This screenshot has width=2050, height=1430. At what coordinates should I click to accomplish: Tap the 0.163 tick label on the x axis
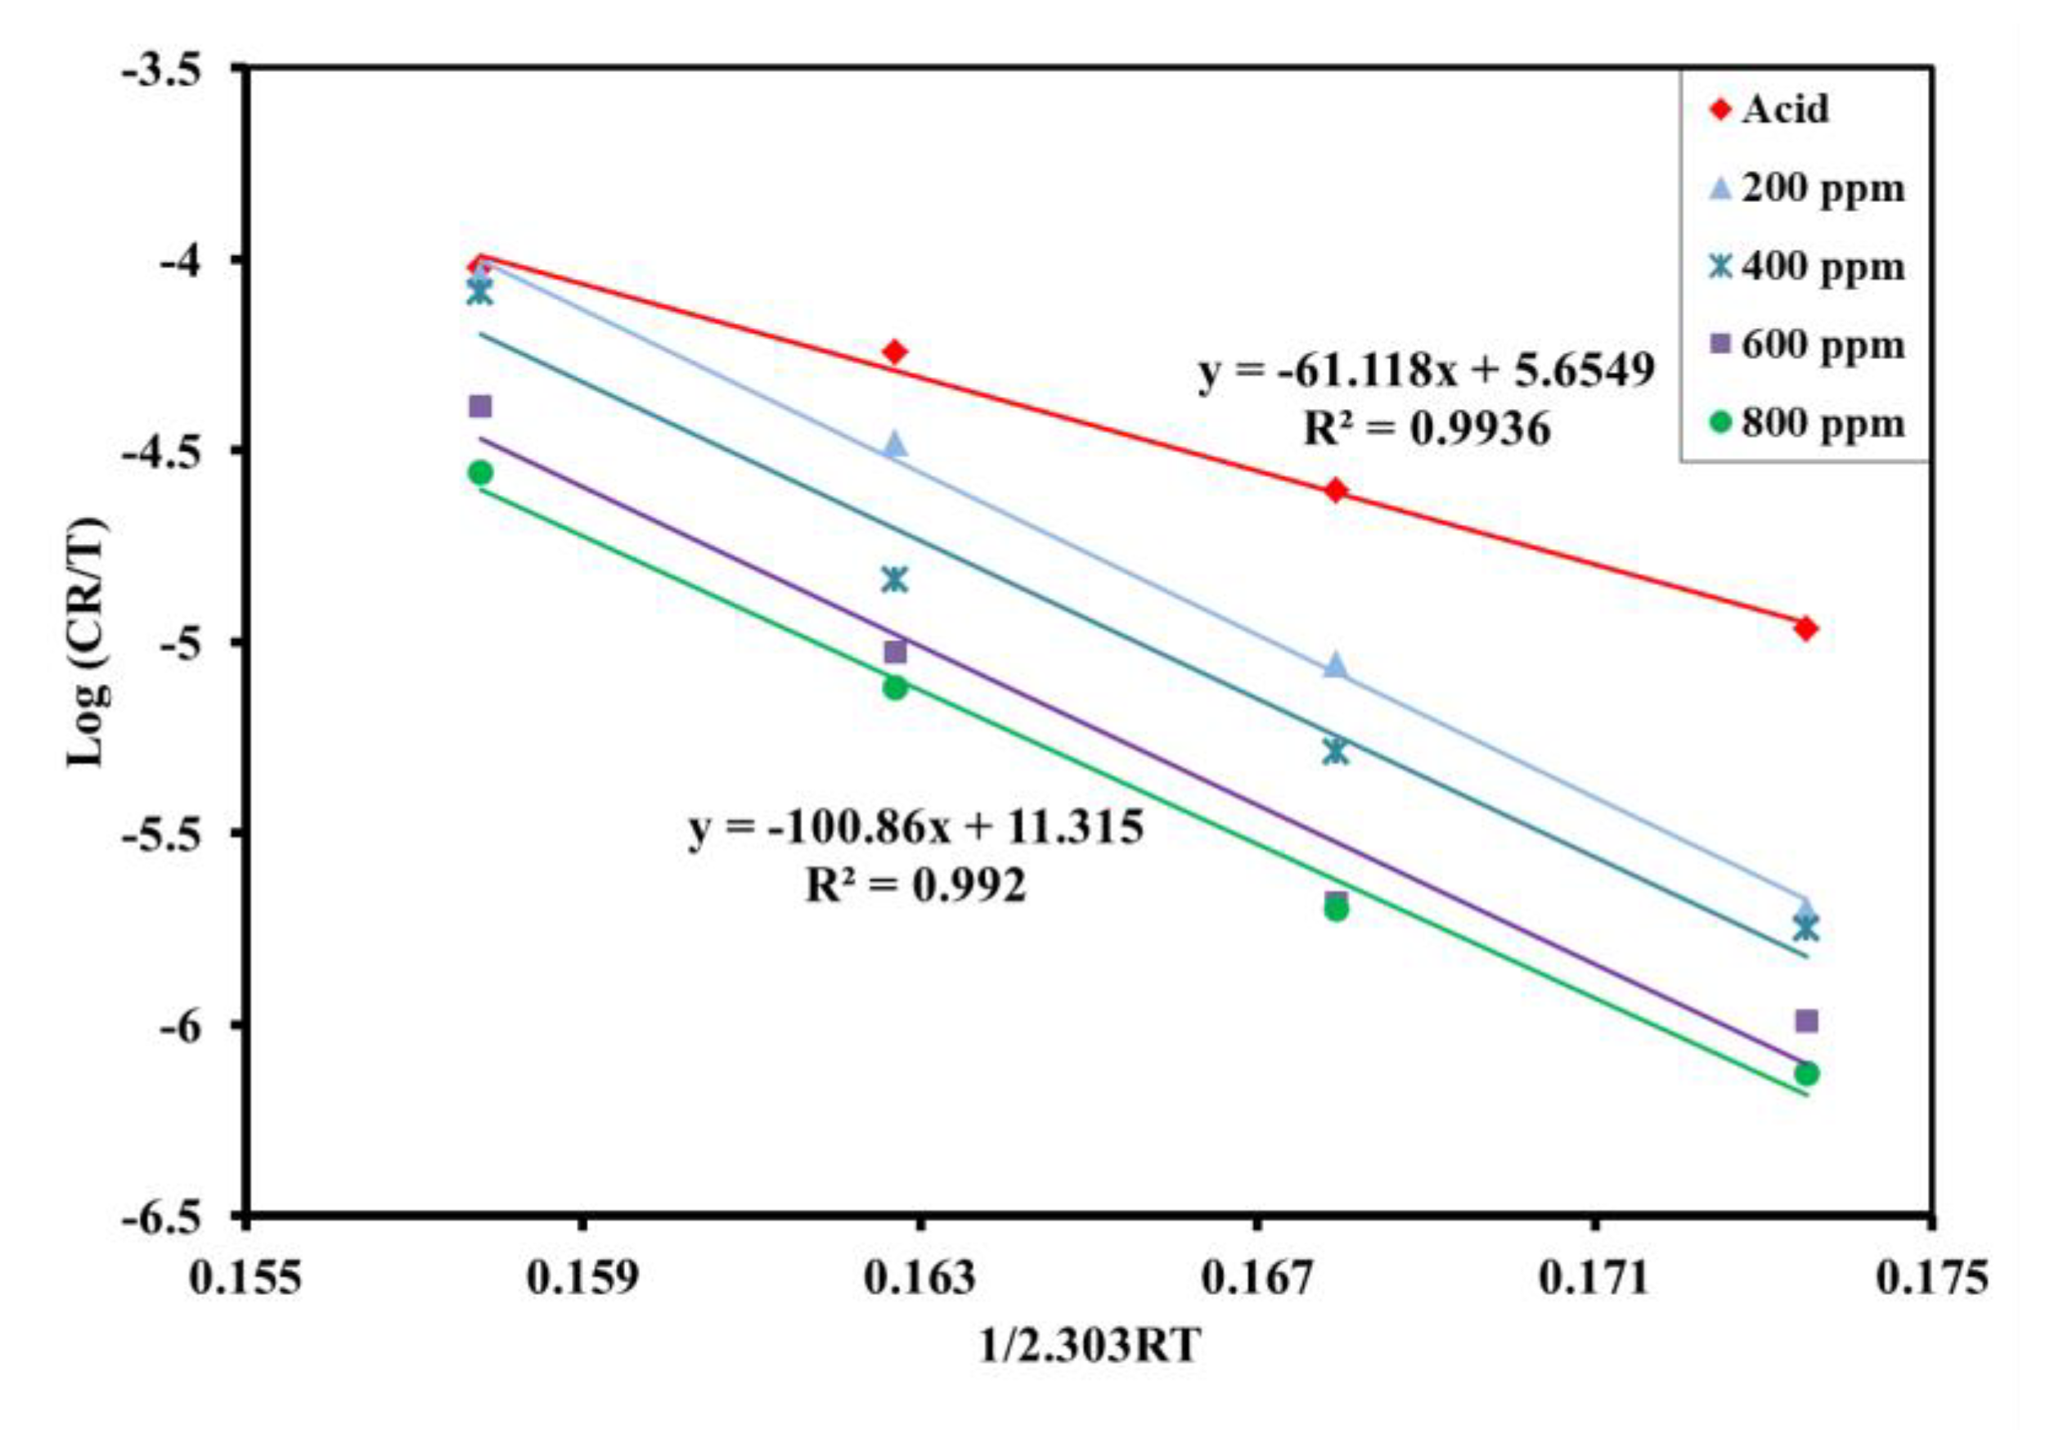pos(919,1279)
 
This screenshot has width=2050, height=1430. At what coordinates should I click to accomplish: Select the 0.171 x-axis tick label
pos(1594,1279)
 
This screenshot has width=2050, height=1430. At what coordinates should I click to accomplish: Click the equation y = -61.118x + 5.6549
pos(1426,371)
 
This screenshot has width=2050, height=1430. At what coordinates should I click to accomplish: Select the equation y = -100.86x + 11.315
pos(916,827)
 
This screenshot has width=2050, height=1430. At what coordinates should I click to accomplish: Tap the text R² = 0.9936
pos(1427,430)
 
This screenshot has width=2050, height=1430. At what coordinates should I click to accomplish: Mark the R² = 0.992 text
pos(916,886)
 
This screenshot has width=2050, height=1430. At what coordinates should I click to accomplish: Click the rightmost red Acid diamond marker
pos(1805,628)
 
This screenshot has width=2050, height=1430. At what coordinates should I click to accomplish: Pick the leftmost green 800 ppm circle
pos(480,472)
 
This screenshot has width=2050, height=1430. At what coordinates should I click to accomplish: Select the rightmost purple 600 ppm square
pos(1806,1021)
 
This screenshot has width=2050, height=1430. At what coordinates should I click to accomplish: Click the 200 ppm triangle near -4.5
pos(895,444)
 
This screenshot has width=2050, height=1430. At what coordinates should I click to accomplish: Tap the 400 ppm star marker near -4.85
pos(895,580)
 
